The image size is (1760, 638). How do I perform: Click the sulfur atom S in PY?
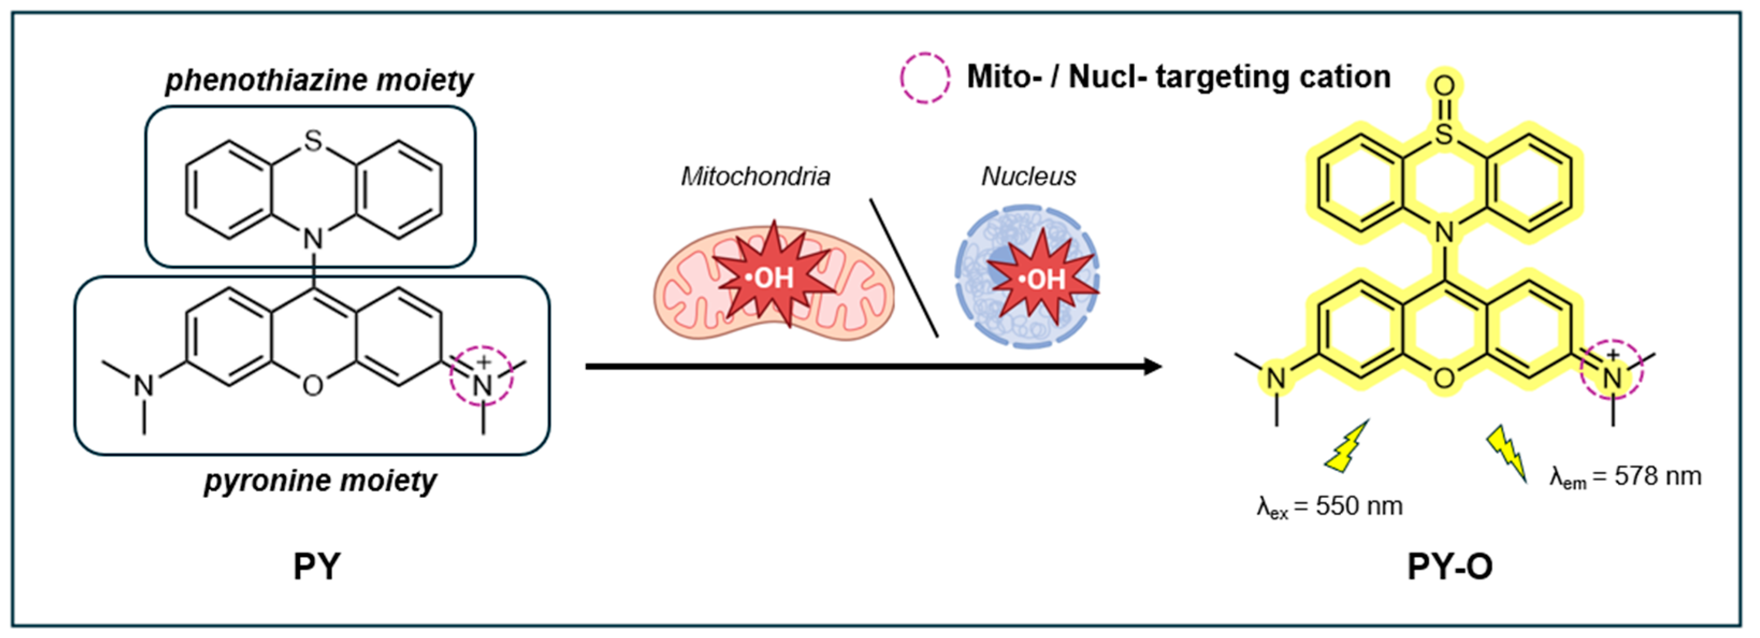[x=313, y=141]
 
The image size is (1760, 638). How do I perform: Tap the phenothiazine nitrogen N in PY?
[x=313, y=239]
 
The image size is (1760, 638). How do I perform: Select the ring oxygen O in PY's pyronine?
[x=313, y=386]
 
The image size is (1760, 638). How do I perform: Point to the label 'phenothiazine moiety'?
[x=319, y=81]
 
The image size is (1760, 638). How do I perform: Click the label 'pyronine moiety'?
[x=321, y=481]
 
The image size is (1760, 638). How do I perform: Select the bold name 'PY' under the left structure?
[x=316, y=566]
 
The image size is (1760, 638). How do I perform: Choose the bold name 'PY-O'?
[x=1450, y=566]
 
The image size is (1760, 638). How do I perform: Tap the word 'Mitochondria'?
[x=755, y=177]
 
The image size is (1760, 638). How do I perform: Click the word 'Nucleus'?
[x=1029, y=177]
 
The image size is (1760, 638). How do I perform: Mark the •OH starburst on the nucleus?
[x=1042, y=278]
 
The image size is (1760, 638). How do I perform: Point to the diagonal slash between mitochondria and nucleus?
[x=903, y=268]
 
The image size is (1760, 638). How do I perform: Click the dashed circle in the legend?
[x=924, y=78]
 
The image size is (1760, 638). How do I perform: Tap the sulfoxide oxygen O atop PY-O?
[x=1444, y=86]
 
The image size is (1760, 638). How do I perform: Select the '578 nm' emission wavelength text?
[x=1657, y=476]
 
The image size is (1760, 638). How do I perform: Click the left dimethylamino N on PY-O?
[x=1276, y=378]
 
